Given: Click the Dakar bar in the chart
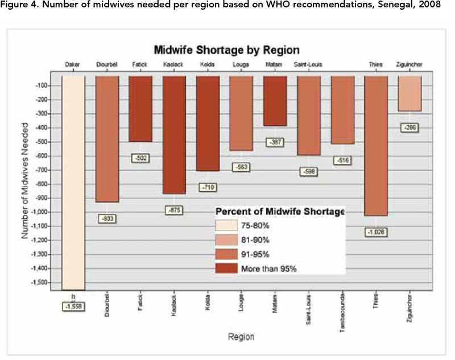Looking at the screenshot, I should (73, 182).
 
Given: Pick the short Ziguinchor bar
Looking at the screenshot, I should (409, 93).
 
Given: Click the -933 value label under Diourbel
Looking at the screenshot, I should (107, 218).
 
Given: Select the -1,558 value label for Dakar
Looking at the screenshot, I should (73, 306).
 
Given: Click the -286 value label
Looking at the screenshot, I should (409, 127).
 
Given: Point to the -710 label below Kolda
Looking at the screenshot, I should (208, 187).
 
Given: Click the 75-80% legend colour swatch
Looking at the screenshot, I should (230, 226).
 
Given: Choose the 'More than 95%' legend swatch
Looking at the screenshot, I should (230, 268).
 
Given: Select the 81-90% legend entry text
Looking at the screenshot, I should (261, 241).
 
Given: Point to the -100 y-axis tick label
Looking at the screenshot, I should (45, 86).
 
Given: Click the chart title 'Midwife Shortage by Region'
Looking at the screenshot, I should (226, 50).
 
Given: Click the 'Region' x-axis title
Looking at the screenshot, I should (241, 337).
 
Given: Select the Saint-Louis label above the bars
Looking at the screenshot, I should (308, 65).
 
